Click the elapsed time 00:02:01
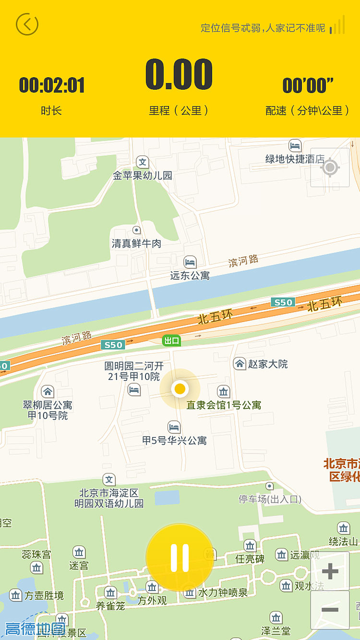click(52, 85)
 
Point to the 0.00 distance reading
click(179, 75)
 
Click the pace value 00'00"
click(308, 85)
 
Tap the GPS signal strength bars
click(338, 25)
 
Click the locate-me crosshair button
click(330, 167)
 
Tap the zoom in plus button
click(330, 571)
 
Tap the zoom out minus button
click(330, 610)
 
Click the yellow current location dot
click(180, 388)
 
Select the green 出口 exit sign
click(171, 341)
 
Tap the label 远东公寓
click(190, 275)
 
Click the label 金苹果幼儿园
click(143, 176)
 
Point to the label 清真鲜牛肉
click(137, 244)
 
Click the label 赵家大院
click(268, 364)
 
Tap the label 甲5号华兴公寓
click(174, 440)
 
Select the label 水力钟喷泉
click(223, 593)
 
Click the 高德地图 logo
click(35, 628)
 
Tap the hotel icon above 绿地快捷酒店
click(295, 145)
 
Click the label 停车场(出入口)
click(270, 499)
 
